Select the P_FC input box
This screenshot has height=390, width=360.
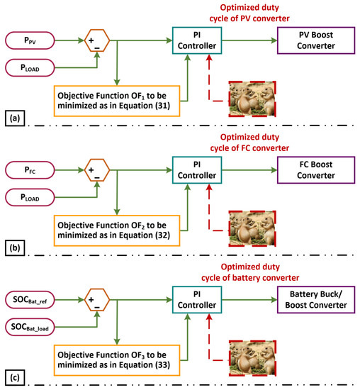click(x=36, y=170)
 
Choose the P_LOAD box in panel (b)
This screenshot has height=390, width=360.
click(x=36, y=198)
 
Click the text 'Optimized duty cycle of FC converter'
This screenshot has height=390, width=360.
click(x=245, y=142)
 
